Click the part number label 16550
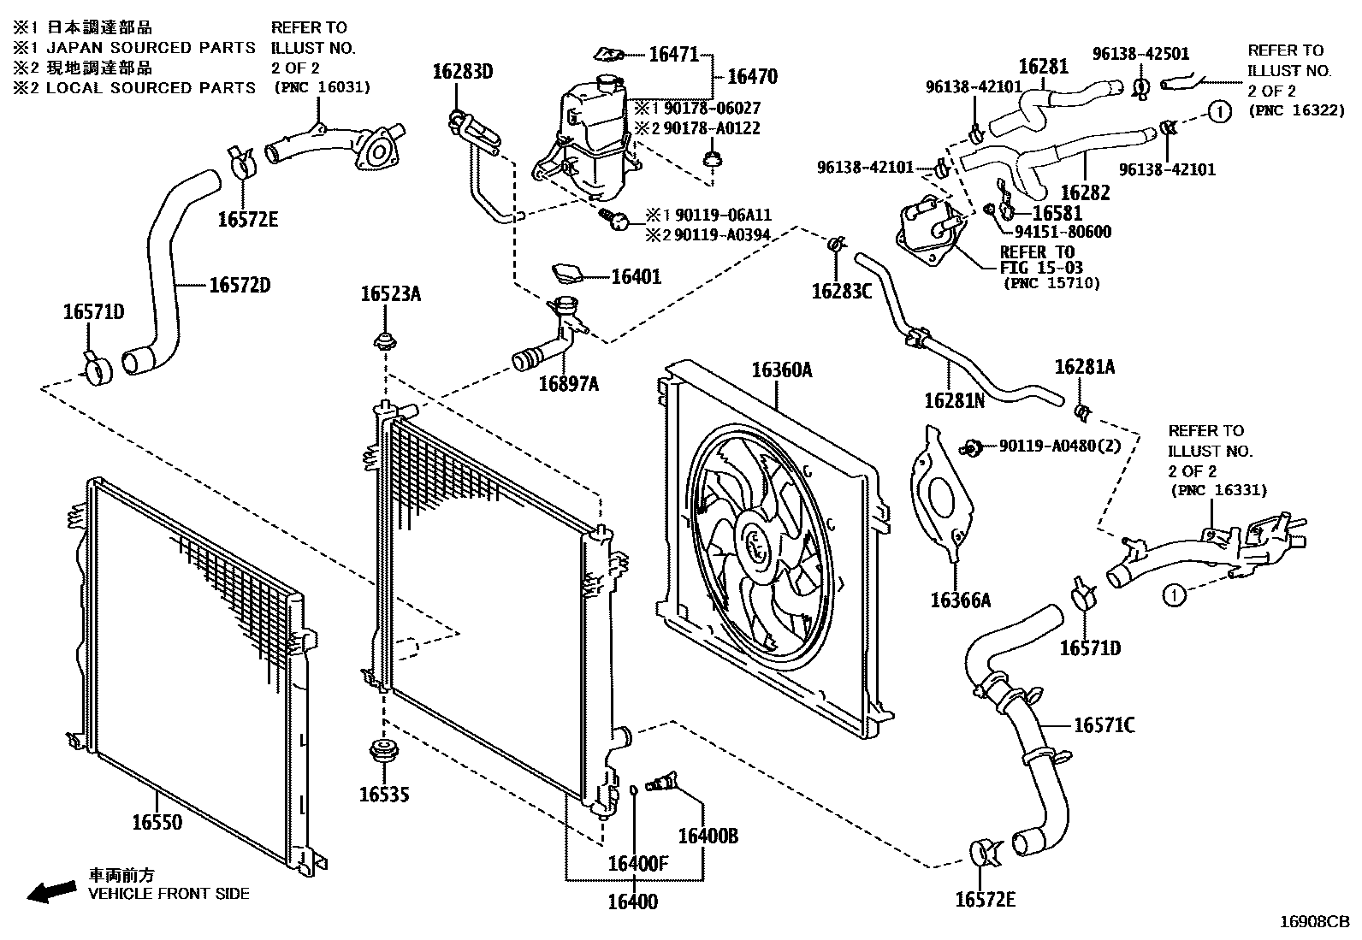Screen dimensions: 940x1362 tap(157, 823)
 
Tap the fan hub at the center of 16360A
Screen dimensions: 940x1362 tap(756, 544)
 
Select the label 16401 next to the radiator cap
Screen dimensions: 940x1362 tap(636, 277)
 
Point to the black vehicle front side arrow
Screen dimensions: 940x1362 tap(51, 892)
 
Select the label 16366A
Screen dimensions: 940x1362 tap(960, 600)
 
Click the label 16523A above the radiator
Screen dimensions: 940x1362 tap(390, 294)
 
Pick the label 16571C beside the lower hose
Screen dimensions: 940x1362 tap(1104, 726)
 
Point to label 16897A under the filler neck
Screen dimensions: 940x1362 tap(568, 384)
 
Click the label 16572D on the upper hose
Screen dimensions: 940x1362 tap(240, 285)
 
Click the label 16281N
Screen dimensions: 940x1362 tap(954, 399)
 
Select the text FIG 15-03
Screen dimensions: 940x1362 tap(1041, 269)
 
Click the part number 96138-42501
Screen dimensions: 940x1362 tap(1140, 54)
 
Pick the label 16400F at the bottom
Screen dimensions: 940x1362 tap(637, 864)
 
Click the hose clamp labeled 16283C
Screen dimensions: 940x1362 tap(838, 245)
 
